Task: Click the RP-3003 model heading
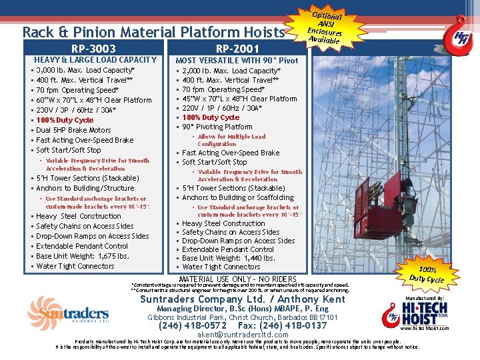93,48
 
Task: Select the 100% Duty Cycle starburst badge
426,275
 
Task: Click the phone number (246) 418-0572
189,326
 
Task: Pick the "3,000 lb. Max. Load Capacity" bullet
85,70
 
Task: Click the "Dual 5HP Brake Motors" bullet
73,130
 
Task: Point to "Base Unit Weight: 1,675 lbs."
83,256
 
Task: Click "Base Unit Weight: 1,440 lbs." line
228,258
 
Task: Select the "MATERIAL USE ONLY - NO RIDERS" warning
238,278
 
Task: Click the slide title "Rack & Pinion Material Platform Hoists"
154,31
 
